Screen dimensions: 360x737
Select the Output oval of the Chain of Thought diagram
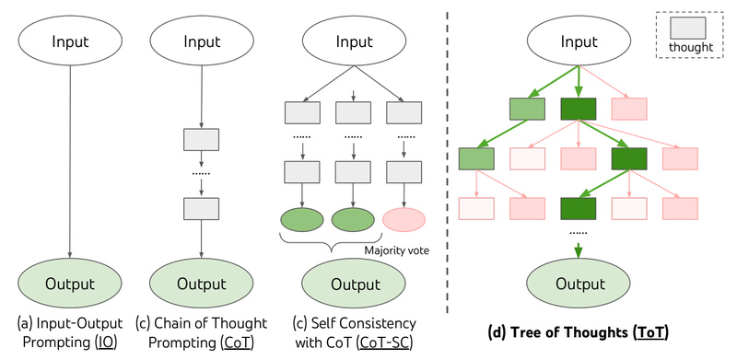pyautogui.click(x=201, y=281)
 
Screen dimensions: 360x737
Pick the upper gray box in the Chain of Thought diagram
pyautogui.click(x=201, y=139)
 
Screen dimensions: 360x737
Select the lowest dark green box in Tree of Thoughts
pyautogui.click(x=579, y=208)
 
